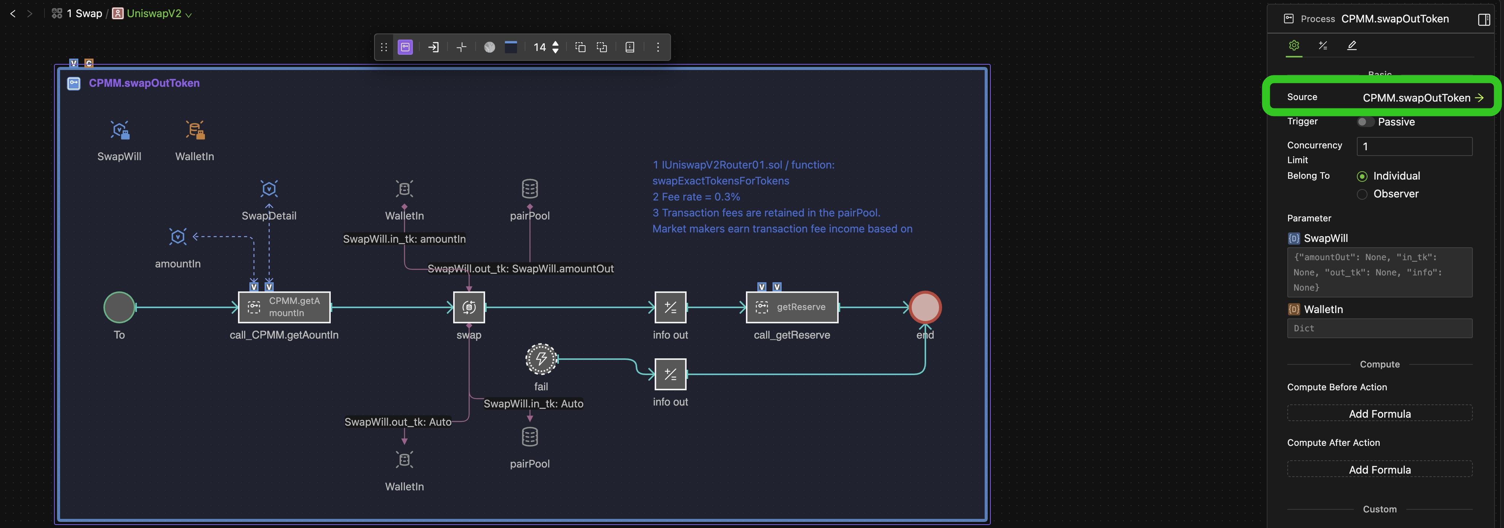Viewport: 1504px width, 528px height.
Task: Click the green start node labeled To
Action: (119, 307)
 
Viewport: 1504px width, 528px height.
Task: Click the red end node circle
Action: (925, 307)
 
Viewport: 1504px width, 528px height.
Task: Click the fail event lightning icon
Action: (541, 359)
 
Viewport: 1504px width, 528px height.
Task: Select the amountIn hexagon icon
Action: (178, 237)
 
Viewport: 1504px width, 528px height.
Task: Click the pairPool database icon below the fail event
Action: (530, 437)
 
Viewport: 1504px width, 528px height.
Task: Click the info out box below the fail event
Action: (670, 374)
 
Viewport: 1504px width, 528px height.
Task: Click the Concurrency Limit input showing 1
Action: (1414, 146)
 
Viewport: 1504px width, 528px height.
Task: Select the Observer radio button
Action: (1362, 194)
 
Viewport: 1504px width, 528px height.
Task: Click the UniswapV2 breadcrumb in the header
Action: (154, 13)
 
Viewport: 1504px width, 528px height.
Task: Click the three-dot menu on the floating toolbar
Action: (658, 47)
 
